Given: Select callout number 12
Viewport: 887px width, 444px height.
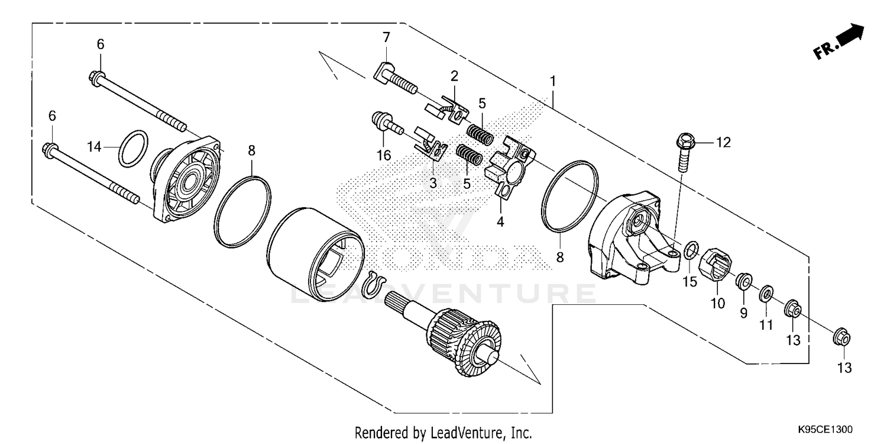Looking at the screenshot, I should click(723, 142).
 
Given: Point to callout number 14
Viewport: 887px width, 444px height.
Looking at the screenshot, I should click(95, 147).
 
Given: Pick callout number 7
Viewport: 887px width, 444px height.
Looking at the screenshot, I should click(386, 37).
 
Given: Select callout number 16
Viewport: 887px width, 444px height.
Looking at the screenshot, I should click(384, 155).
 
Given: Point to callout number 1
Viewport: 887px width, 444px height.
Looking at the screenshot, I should click(553, 80).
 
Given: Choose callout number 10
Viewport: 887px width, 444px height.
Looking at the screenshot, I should click(717, 304).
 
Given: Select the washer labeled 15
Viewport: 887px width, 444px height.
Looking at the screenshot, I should click(690, 251).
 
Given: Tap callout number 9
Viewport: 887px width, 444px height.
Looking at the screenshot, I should click(743, 312).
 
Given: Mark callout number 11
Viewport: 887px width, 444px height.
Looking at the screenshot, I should click(766, 325).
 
